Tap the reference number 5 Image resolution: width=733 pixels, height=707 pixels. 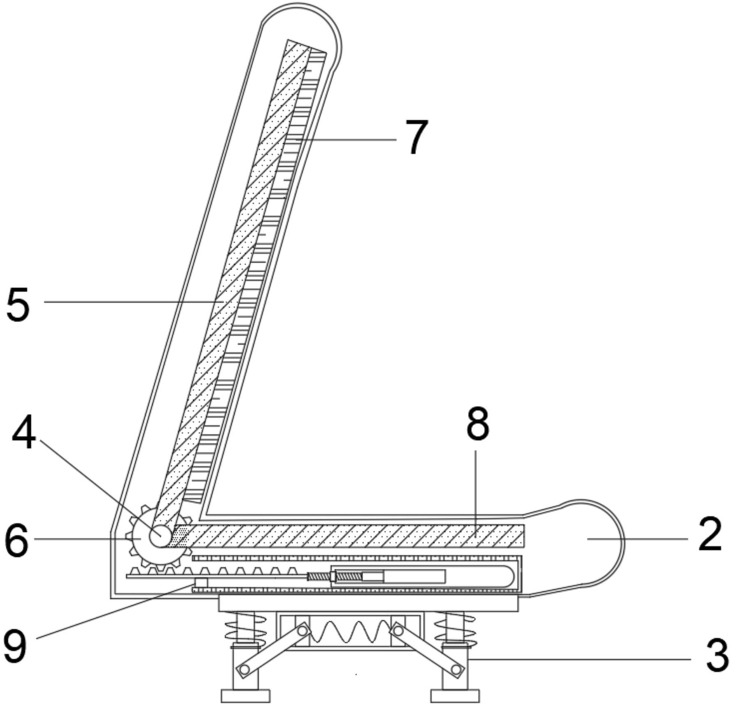coord(18,305)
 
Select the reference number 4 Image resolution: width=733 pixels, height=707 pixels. coord(24,434)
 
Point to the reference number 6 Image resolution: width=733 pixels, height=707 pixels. coord(16,539)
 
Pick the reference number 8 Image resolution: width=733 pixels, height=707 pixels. coord(478,424)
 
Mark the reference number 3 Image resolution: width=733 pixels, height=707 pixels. coord(717,657)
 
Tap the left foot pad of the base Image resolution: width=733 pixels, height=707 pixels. coord(245,696)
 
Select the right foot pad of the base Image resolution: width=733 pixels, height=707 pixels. coord(455,696)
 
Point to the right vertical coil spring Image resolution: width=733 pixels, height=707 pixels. coord(455,628)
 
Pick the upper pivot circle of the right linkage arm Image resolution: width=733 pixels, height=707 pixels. coord(398,630)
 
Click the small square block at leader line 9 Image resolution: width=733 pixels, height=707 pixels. coord(201,583)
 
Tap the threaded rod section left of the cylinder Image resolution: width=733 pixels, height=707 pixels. coord(319,577)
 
